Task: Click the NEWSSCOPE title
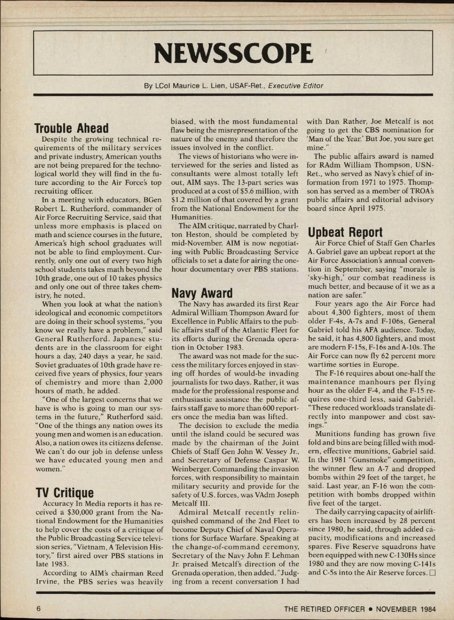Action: click(233, 53)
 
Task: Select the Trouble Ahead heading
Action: click(72, 128)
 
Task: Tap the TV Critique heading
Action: click(64, 493)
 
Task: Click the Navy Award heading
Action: click(202, 293)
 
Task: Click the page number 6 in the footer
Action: click(38, 609)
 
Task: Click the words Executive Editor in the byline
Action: click(295, 86)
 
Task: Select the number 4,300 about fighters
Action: click(335, 312)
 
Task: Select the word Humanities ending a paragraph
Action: click(191, 217)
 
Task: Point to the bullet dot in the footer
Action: click(370, 609)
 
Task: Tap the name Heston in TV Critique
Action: click(199, 235)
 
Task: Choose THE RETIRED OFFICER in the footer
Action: click(325, 609)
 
